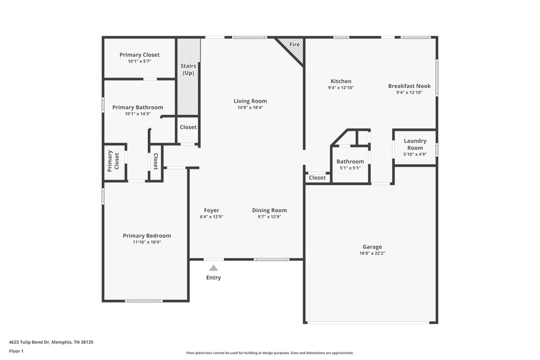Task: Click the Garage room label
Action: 372,247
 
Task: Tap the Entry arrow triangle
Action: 213,268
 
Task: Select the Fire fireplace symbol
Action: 292,47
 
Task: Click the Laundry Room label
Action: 414,144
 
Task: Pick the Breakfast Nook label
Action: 409,86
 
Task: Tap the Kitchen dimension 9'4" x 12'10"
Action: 341,88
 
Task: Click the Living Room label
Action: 250,101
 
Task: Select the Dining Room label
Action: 269,210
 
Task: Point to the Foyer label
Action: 211,210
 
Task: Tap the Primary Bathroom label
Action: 138,107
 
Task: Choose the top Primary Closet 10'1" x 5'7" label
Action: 139,61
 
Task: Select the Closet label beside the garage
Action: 317,178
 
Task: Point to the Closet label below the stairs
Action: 188,127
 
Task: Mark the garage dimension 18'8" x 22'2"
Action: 372,254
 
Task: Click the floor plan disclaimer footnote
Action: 269,353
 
